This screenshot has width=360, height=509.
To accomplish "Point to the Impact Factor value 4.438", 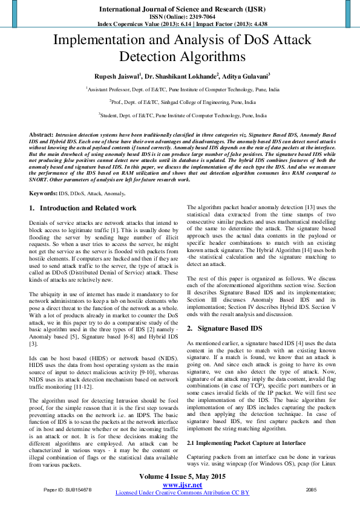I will point(253,24).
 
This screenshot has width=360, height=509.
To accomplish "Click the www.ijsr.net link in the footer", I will point(182,485).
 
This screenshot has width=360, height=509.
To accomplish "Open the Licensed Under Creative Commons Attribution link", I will point(182,493).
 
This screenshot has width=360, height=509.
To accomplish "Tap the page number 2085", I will point(312,489).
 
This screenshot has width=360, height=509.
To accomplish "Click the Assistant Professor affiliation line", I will point(182,89).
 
